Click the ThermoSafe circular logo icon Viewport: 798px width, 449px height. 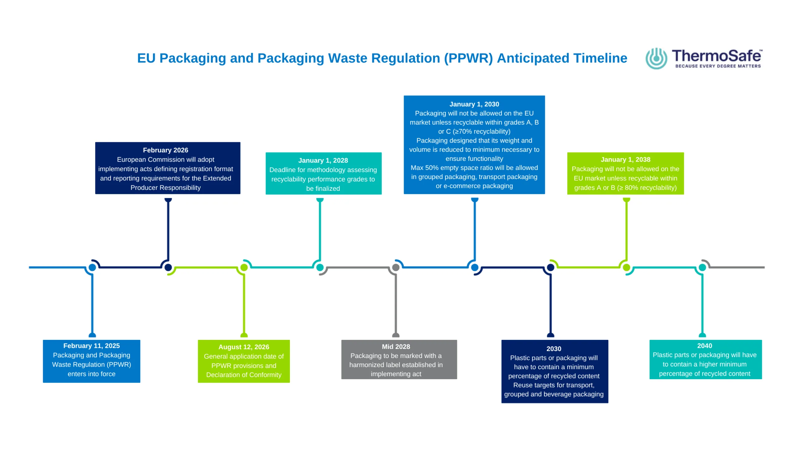[x=656, y=58]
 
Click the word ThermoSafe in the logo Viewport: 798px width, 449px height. [x=717, y=56]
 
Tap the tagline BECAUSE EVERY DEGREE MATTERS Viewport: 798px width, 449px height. [x=718, y=66]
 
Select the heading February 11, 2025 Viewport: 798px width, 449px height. [x=91, y=345]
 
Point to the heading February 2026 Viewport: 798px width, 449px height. [x=166, y=150]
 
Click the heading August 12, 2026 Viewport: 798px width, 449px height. [x=244, y=347]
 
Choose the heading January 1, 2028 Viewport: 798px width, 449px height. [x=323, y=160]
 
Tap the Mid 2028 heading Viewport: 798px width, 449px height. [x=396, y=346]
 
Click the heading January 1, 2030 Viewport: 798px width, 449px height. [x=474, y=104]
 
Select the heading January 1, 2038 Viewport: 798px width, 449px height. [x=625, y=159]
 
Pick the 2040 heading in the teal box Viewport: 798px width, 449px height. [x=704, y=345]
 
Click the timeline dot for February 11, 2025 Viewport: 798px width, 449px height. [x=92, y=267]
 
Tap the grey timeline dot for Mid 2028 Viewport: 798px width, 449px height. [x=396, y=267]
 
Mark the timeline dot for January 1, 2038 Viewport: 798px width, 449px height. [x=627, y=267]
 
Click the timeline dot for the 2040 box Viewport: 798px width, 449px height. [x=702, y=267]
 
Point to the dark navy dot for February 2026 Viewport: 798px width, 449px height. [x=168, y=267]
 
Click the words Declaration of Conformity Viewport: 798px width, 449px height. [x=244, y=374]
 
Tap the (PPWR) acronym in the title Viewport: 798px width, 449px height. [x=468, y=58]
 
